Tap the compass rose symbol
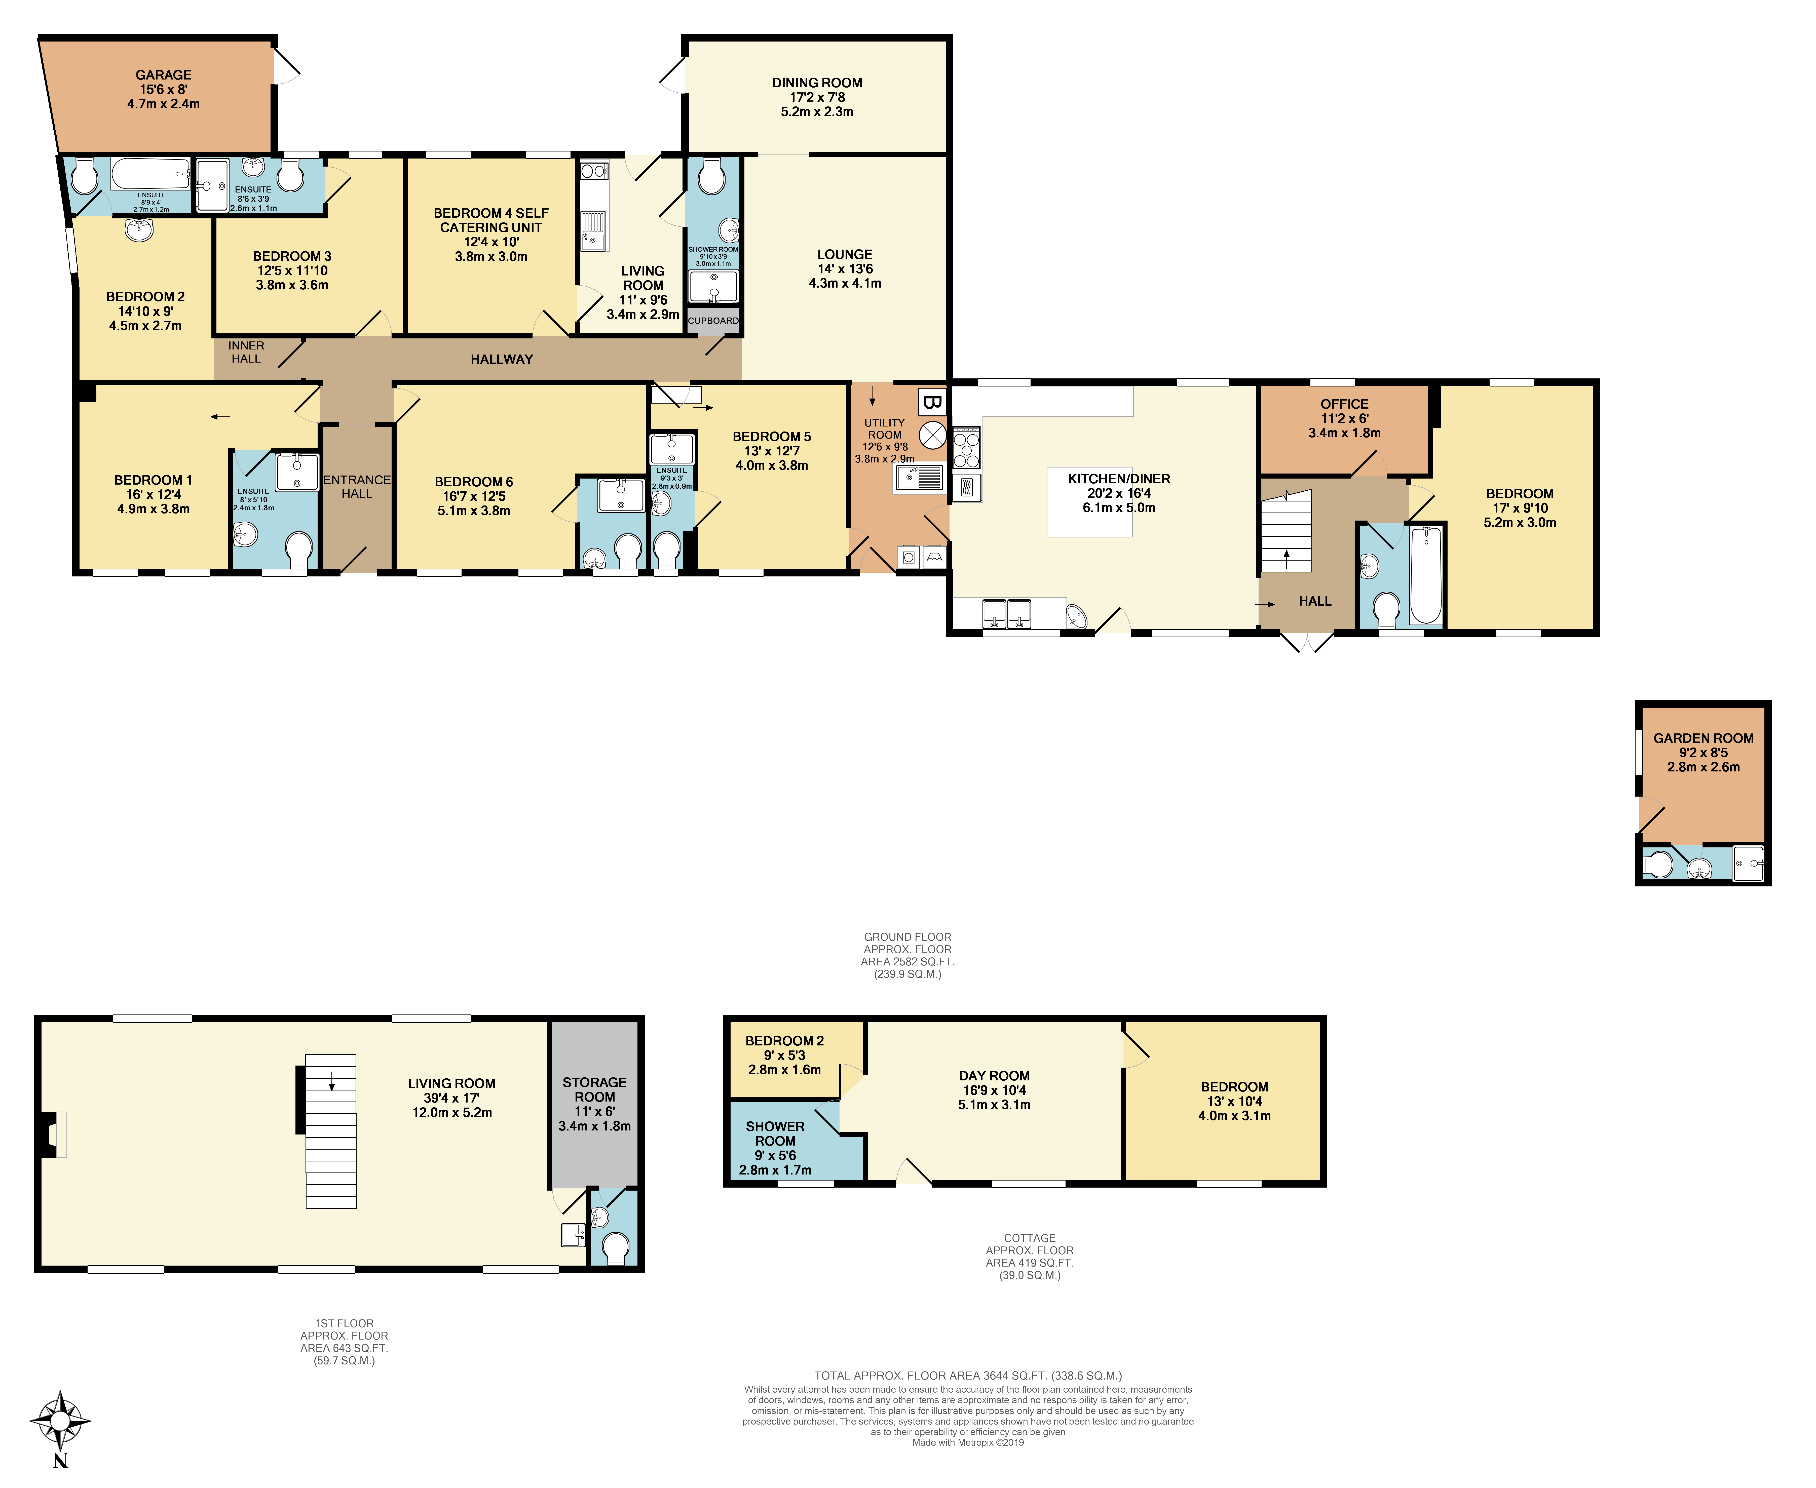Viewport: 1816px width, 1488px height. click(60, 1421)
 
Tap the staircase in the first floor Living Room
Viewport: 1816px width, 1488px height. click(331, 1131)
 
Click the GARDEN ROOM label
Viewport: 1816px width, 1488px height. click(1703, 738)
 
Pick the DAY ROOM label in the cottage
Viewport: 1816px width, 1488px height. click(994, 1076)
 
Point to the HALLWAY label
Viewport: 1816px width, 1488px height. click(502, 359)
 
